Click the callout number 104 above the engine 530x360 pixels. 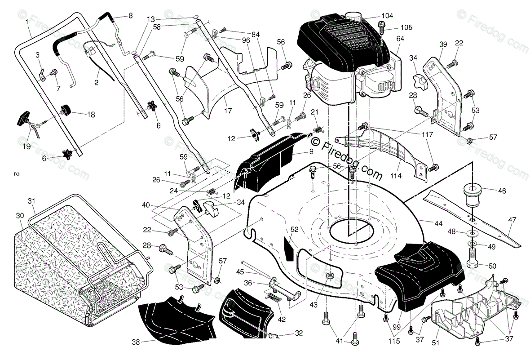(x=387, y=16)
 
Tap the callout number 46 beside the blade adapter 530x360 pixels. (x=502, y=191)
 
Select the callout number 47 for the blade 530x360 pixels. (x=512, y=220)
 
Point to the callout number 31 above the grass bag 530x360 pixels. (x=31, y=201)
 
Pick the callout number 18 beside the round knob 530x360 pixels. (x=91, y=115)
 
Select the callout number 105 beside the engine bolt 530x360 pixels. (x=406, y=27)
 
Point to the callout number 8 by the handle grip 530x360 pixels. (x=131, y=15)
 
